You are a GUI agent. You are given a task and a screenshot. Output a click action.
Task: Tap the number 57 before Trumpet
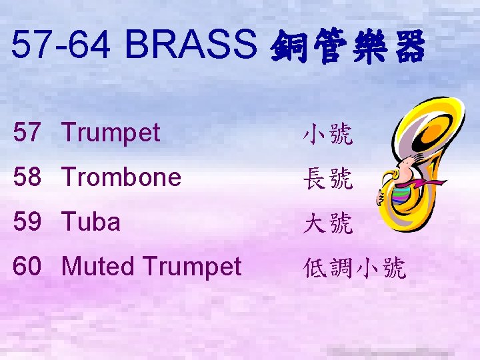point(28,133)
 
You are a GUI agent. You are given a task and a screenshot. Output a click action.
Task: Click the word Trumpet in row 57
point(111,133)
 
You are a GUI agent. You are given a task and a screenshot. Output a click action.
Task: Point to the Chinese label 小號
point(327,135)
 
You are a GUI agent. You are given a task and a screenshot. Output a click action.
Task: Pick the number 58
point(28,177)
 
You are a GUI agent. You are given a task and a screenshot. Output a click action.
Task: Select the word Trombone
point(121,177)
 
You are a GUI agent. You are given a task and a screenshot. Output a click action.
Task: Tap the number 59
point(28,222)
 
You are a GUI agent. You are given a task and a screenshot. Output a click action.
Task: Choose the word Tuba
point(91,222)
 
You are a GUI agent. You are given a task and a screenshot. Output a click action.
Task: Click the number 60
point(28,267)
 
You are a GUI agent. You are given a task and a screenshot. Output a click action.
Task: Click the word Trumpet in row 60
point(193,267)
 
